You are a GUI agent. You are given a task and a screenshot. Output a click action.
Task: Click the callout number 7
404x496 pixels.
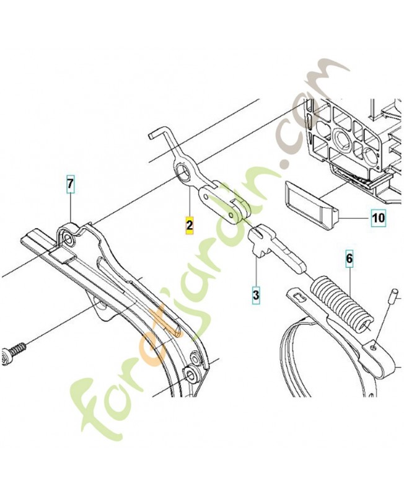pyautogui.click(x=70, y=184)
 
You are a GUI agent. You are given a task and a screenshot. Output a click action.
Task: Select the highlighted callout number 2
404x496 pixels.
pyautogui.click(x=190, y=225)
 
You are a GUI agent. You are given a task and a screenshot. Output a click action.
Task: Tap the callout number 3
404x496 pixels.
pyautogui.click(x=256, y=295)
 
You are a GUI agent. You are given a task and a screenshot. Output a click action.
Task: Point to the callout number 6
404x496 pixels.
pyautogui.click(x=349, y=259)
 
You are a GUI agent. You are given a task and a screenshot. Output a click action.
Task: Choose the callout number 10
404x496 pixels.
pyautogui.click(x=379, y=218)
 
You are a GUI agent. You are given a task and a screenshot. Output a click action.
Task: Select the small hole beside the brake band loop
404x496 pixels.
pyautogui.click(x=375, y=347)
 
